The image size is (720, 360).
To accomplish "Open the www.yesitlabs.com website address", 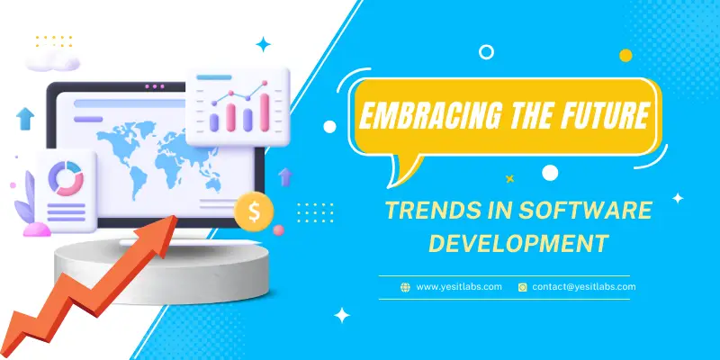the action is point(459,287).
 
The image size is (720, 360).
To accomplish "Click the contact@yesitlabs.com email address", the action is point(584,287).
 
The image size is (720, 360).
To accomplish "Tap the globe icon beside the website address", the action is point(405,287).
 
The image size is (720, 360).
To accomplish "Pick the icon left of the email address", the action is point(523,287).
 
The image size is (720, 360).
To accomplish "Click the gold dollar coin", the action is point(254,211).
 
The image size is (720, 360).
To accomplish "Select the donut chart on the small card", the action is point(66,178).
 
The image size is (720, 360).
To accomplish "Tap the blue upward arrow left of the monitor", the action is point(25,119).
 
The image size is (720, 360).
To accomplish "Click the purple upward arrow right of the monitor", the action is point(285,176).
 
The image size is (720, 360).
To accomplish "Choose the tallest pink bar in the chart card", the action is point(265,112).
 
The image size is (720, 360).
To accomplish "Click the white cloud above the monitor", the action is point(53,60).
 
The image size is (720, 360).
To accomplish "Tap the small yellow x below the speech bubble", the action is point(509,178).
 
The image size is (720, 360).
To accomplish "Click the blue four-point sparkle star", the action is point(263,44).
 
